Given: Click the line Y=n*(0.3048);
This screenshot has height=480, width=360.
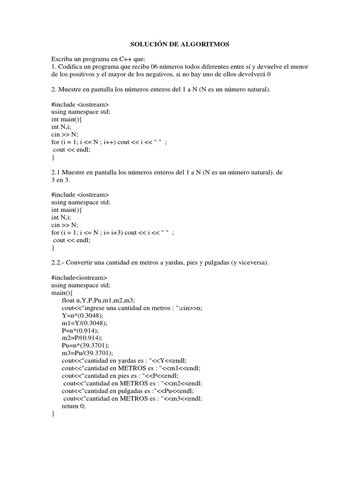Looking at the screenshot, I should [83, 315].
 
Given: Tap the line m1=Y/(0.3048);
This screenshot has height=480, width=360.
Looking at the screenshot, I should [84, 323].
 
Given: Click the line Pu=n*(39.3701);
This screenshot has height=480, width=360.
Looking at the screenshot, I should [87, 345].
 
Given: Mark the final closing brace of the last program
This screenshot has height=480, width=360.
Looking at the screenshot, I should [53, 413].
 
